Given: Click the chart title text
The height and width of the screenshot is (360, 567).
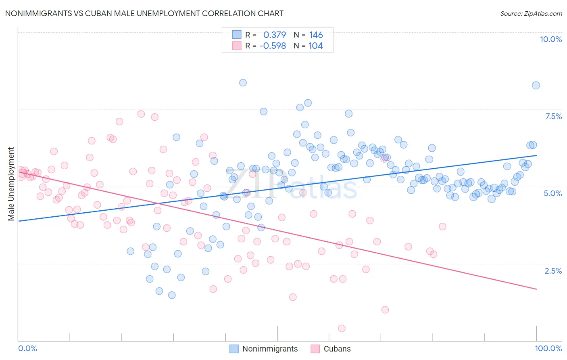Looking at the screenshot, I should click(x=144, y=13).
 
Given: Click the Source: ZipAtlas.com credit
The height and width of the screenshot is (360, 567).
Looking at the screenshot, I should click(x=531, y=13).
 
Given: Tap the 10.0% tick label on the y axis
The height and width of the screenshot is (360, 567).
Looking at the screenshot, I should click(x=550, y=39).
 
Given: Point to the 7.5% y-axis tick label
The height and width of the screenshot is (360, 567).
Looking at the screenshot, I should click(x=553, y=116).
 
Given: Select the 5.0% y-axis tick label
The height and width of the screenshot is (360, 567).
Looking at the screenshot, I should click(x=552, y=193).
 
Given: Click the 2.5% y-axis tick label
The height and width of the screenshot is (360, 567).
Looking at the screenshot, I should click(x=553, y=271).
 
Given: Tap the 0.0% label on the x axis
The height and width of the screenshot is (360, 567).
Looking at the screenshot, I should click(x=27, y=348).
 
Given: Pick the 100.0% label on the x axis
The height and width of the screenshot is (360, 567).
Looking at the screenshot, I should click(x=548, y=348).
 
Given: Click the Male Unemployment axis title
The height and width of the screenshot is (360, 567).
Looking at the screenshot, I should click(x=11, y=184).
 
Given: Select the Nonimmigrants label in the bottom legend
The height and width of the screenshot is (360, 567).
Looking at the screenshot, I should click(x=270, y=349).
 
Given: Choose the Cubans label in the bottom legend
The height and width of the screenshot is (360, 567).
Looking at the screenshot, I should click(x=337, y=349).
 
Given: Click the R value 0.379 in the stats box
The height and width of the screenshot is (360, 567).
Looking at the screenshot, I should click(x=274, y=35).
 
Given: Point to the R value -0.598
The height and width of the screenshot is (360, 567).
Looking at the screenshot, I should click(x=273, y=46).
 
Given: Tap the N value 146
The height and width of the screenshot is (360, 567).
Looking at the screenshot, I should click(x=316, y=35).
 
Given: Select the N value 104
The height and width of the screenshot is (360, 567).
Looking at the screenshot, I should click(x=315, y=46).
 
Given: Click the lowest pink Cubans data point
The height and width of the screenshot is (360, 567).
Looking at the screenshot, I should click(x=342, y=329).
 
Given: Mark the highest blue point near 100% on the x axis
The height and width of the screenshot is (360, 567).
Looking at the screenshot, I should click(x=536, y=85).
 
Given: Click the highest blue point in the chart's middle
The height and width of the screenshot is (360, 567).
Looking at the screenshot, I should click(x=243, y=83).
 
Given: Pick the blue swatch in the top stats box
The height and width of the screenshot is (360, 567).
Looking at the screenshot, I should click(x=236, y=35).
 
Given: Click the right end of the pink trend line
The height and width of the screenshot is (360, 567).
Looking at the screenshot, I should click(x=536, y=289).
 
